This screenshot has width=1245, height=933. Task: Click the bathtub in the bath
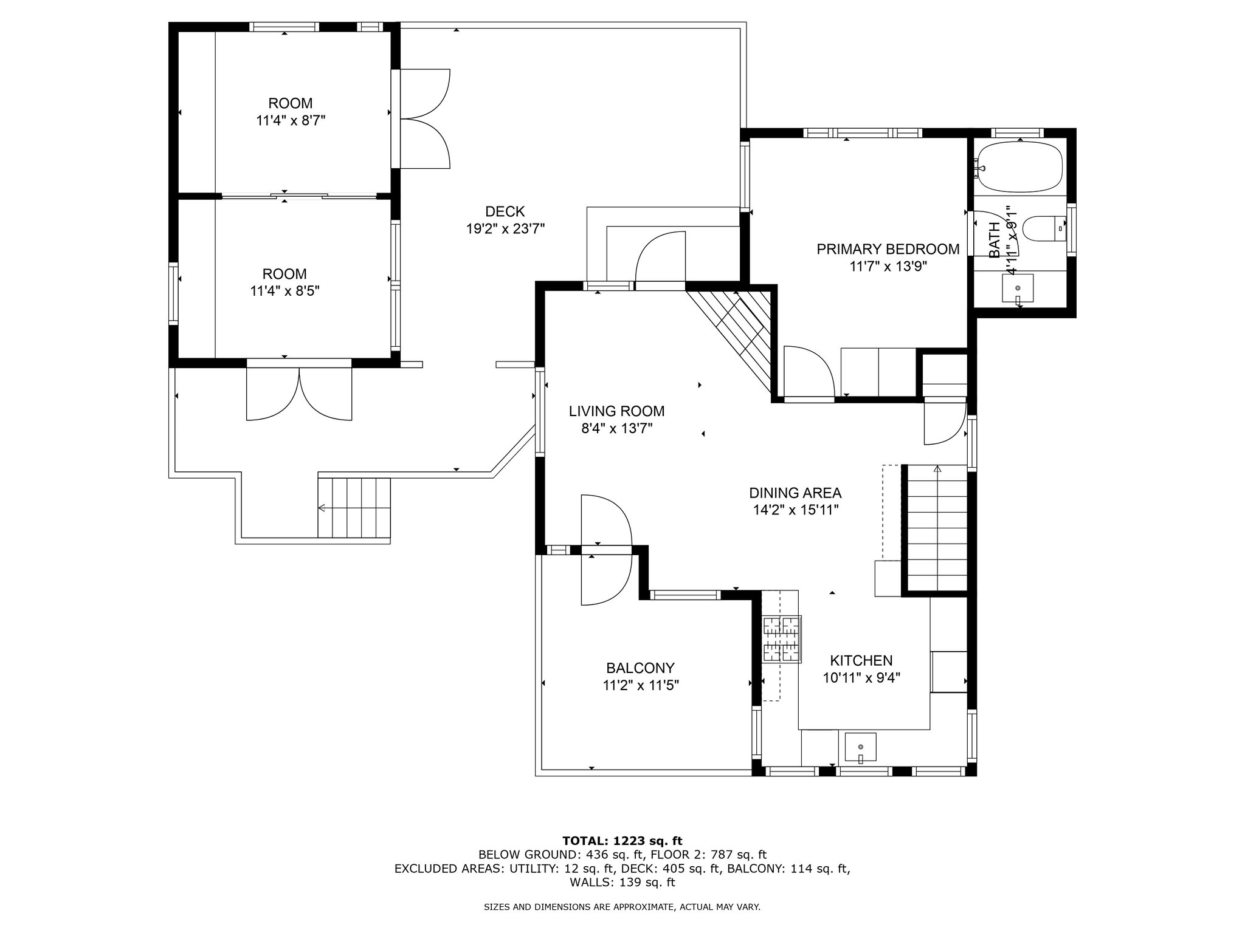click(x=1019, y=168)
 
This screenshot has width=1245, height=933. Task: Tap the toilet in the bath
click(x=1044, y=229)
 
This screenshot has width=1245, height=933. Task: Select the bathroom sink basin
click(x=1018, y=288)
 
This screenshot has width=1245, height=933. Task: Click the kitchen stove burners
click(x=781, y=639)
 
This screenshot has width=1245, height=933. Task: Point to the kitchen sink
click(x=860, y=748)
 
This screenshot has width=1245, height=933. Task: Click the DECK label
click(x=505, y=211)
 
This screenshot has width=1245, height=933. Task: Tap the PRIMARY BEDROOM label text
click(x=888, y=249)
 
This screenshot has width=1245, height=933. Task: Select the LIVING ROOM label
click(x=616, y=411)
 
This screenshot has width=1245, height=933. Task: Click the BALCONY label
click(x=640, y=668)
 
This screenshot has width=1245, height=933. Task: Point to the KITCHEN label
click(x=861, y=660)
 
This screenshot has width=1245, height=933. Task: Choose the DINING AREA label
click(x=795, y=493)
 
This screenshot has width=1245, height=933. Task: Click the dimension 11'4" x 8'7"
click(x=291, y=120)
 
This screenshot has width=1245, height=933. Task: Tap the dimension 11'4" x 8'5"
click(x=285, y=291)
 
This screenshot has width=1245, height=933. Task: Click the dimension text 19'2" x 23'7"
click(x=505, y=229)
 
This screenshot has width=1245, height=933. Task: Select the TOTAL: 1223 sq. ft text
click(x=622, y=841)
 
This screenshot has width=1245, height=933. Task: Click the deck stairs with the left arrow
click(x=353, y=508)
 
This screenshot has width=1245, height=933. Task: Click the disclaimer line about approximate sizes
click(x=622, y=907)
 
